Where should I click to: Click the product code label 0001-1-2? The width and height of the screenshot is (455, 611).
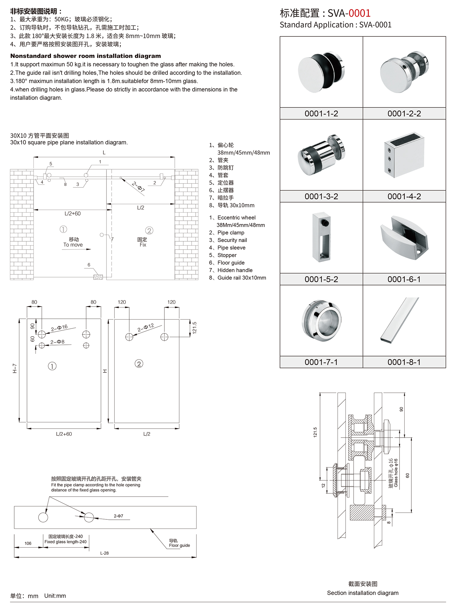tap(321, 114)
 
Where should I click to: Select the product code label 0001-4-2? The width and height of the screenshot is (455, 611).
tap(404, 196)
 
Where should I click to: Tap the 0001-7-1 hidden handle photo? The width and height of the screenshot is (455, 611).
tap(321, 321)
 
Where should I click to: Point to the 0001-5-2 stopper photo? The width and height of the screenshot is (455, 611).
tap(322, 237)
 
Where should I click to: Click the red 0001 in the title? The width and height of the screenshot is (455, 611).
tap(359, 13)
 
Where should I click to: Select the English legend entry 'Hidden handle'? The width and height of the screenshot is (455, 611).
tap(235, 270)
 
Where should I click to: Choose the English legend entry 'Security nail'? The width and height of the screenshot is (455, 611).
tap(232, 240)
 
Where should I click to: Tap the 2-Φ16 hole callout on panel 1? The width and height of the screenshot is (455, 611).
tap(59, 328)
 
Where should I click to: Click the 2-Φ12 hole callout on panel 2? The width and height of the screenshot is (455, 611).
tap(146, 327)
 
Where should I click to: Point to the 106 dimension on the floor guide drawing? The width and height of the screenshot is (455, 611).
tap(28, 543)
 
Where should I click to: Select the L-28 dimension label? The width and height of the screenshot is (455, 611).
tap(104, 553)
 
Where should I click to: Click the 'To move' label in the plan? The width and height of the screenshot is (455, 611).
tap(73, 245)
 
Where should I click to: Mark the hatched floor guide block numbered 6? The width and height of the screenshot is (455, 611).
tap(98, 277)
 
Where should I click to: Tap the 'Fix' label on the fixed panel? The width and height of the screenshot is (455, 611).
tap(143, 245)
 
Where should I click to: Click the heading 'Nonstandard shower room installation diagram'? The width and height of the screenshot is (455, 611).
tap(86, 56)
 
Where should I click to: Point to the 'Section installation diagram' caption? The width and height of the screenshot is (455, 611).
tap(362, 593)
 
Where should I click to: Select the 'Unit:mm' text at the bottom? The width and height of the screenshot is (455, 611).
tap(55, 596)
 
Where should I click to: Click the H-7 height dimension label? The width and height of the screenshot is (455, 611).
tap(15, 368)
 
